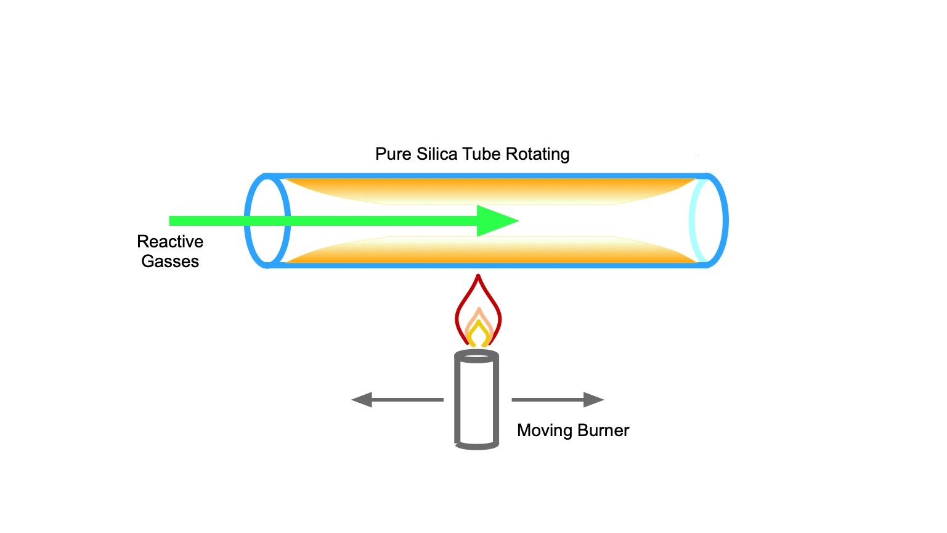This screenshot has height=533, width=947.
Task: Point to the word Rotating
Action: [x=537, y=154]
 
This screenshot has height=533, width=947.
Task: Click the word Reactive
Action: [x=170, y=242]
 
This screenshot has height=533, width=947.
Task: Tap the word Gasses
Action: [x=170, y=261]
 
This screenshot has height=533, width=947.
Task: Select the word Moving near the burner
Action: [x=545, y=431]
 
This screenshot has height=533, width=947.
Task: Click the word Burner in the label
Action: [x=603, y=431]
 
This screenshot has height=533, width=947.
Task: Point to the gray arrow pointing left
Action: [x=397, y=400]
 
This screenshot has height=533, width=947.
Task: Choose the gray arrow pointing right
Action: [x=558, y=400]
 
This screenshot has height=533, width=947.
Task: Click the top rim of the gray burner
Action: [x=477, y=352]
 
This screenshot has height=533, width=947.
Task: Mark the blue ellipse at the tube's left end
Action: [x=247, y=221]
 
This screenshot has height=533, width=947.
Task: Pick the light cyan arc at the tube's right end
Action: [x=692, y=221]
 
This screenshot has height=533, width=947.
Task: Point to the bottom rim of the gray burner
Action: [x=477, y=446]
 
